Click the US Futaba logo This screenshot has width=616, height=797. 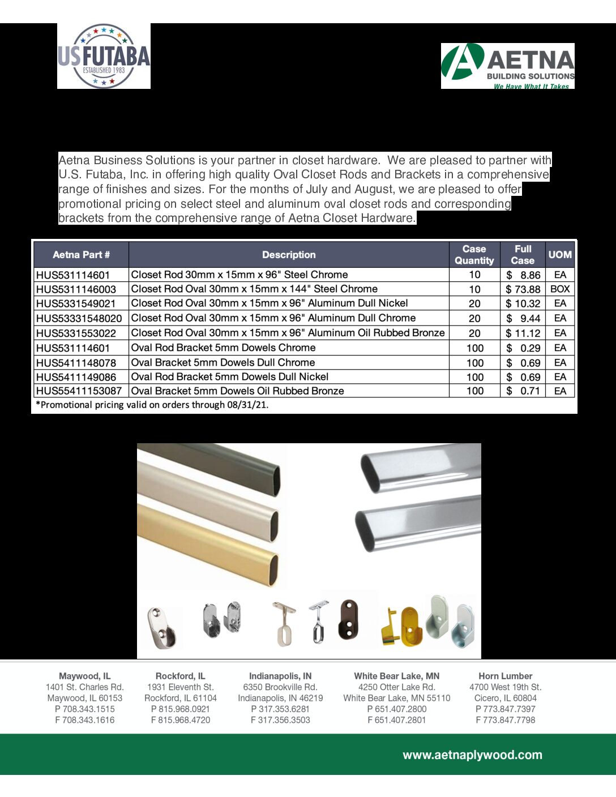pos(104,56)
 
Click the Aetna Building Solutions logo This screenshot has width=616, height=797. pos(507,66)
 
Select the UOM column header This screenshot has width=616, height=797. pos(559,255)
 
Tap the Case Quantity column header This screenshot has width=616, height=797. pos(474,255)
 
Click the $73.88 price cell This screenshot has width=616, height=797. pos(523,289)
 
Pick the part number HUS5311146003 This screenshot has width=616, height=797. pos(76,289)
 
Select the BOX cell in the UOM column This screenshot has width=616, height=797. pos(560,289)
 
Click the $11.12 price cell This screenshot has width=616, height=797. pos(523,333)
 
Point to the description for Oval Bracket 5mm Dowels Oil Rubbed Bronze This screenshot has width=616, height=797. pos(237,391)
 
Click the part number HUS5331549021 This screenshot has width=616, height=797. pos(76,303)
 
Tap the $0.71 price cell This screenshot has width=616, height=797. pos(523,391)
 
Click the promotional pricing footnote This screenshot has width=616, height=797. pos(152,405)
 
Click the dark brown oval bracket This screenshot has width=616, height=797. pos(349,619)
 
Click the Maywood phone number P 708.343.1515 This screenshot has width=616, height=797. pos(85,709)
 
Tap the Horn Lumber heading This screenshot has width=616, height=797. pos(505,676)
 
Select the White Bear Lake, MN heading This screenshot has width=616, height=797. pos(396,676)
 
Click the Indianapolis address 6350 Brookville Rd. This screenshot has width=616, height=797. pos(280,687)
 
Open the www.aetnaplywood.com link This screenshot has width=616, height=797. pos(472,755)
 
